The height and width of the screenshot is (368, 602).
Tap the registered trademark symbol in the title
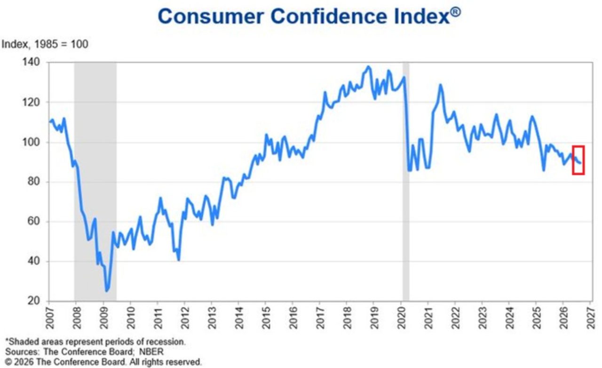coord(456,12)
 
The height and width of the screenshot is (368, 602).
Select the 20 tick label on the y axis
coord(34,301)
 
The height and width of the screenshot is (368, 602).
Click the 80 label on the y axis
coord(34,182)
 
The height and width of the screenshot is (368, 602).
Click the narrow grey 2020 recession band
coord(406,182)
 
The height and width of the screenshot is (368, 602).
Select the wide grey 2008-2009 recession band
coord(95,182)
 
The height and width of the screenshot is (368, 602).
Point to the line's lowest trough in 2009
coord(106,291)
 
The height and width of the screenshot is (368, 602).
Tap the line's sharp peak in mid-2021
coord(440,85)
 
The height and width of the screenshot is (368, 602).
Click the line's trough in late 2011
coord(179,260)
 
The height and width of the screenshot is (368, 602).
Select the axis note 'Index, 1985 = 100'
coord(45,44)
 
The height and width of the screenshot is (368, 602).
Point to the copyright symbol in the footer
coord(8,362)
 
